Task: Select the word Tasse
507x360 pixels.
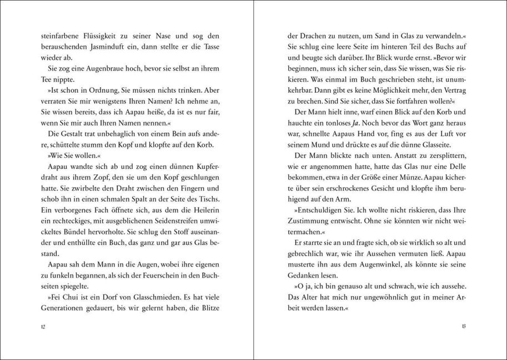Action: click(x=215, y=47)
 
